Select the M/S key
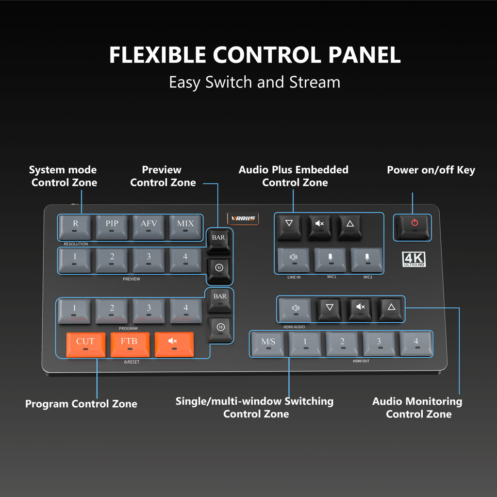coord(268,344)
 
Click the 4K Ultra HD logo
coord(414,260)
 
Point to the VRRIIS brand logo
coord(243,219)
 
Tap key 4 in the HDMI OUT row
coord(416,344)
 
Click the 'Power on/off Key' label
coord(431,170)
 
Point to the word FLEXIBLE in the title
coord(157,55)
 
